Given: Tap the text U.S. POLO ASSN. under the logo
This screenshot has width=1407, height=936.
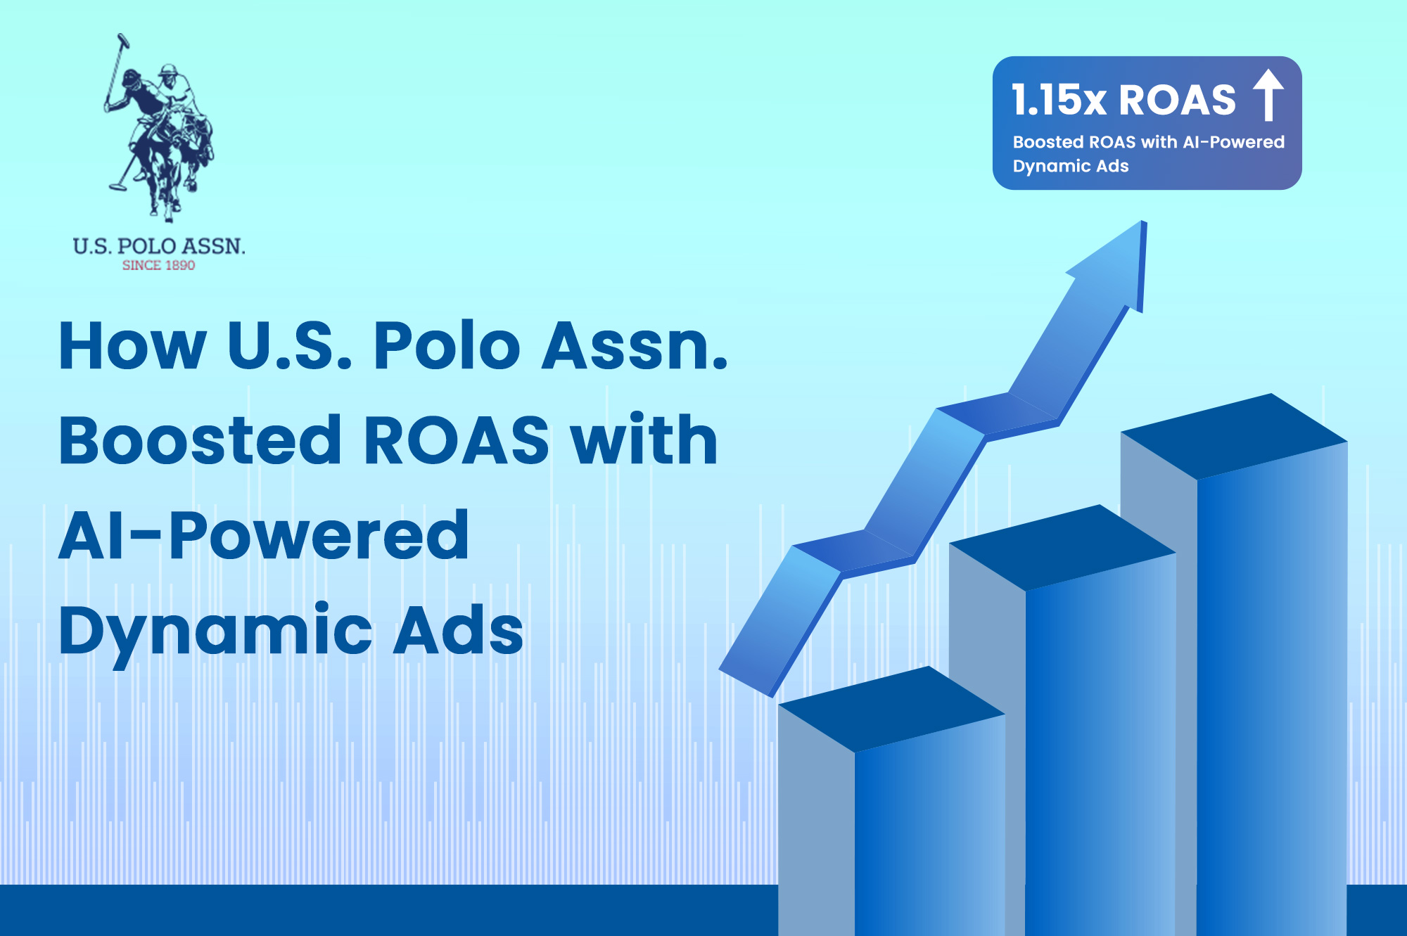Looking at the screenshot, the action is [x=159, y=246].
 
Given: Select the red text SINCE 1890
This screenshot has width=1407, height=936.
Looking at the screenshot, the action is [x=159, y=265].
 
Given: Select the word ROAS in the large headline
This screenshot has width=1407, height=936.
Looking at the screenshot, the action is [x=457, y=441].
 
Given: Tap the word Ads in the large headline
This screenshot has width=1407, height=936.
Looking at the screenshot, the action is [x=458, y=629].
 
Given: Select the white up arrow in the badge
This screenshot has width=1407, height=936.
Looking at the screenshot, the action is [x=1269, y=95].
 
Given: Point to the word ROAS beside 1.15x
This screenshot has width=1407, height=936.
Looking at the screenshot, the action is [x=1178, y=100].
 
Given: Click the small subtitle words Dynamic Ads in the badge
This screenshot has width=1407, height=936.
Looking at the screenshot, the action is [x=1071, y=167].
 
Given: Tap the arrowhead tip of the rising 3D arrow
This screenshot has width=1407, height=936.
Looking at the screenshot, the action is [x=1143, y=222].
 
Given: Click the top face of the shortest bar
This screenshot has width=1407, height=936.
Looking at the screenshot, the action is [x=892, y=709].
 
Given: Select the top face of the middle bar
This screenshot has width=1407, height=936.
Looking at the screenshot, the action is [x=1062, y=547].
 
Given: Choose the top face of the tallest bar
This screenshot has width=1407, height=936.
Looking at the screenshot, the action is [x=1234, y=436].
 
